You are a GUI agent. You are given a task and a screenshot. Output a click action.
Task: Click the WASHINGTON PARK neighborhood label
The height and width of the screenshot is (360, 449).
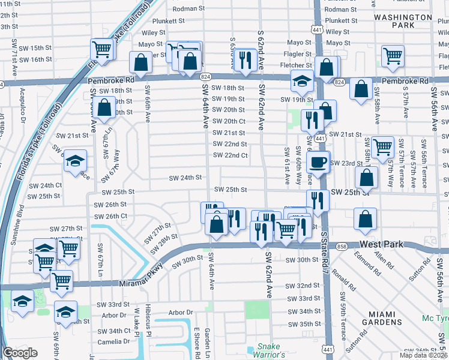[x=402, y=22]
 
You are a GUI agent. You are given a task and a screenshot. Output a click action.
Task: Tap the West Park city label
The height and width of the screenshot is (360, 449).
[x=385, y=245]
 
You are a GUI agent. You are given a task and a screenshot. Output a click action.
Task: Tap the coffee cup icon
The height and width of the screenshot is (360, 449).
[x=318, y=161]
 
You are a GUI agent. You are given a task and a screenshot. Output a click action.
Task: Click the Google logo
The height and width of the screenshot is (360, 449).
[x=20, y=353]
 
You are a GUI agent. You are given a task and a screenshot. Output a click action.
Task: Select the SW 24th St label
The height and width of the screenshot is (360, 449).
[x=185, y=178]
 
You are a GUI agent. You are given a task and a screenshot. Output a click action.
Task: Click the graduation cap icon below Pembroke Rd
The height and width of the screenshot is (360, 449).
[x=303, y=80]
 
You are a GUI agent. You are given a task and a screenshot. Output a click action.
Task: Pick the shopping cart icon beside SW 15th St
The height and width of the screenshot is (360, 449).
[x=101, y=49]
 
